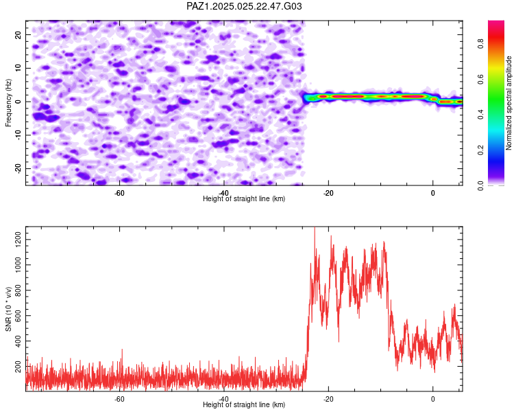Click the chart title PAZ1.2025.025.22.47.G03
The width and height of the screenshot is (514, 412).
(244, 6)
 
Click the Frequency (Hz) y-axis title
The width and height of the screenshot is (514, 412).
(8, 103)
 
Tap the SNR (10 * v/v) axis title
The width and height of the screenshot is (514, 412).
(8, 309)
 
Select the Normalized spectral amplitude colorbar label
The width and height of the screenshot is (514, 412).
(509, 103)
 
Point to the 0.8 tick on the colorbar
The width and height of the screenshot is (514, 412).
(481, 43)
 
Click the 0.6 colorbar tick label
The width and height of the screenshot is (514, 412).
(481, 79)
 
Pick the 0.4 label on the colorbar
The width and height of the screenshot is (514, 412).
(481, 115)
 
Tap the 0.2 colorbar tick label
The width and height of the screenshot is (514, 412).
(481, 150)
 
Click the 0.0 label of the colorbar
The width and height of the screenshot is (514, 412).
(481, 185)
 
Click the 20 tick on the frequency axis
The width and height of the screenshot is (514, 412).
(18, 35)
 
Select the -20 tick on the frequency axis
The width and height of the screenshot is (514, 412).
(18, 169)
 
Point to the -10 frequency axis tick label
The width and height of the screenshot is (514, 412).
(18, 135)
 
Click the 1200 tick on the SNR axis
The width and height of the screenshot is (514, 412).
(18, 240)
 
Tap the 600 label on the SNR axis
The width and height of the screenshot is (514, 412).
(18, 315)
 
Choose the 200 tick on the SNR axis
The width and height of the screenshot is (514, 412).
(18, 366)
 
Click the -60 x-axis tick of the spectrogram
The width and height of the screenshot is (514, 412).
(119, 193)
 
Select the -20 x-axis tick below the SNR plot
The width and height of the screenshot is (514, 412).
(328, 399)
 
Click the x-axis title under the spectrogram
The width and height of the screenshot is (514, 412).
(244, 198)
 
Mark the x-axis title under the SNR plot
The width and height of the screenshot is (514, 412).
(244, 404)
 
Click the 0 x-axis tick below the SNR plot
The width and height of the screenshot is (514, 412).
(432, 399)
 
